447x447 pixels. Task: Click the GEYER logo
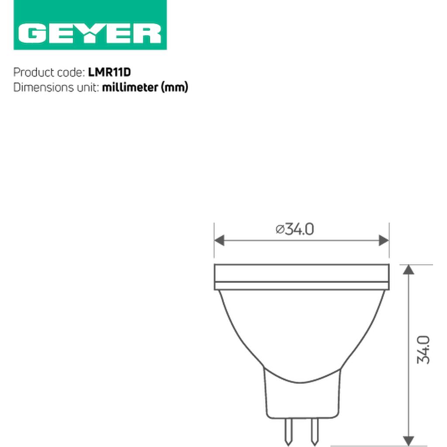(90, 25)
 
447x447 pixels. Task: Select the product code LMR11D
(110, 72)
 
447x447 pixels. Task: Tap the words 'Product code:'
(49, 72)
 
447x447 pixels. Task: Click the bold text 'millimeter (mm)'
(145, 87)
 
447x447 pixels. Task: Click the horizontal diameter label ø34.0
(295, 229)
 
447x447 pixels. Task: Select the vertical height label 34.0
(423, 350)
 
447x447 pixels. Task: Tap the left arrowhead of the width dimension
(219, 241)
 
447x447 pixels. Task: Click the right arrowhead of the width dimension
(384, 241)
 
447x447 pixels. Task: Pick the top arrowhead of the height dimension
(409, 270)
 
